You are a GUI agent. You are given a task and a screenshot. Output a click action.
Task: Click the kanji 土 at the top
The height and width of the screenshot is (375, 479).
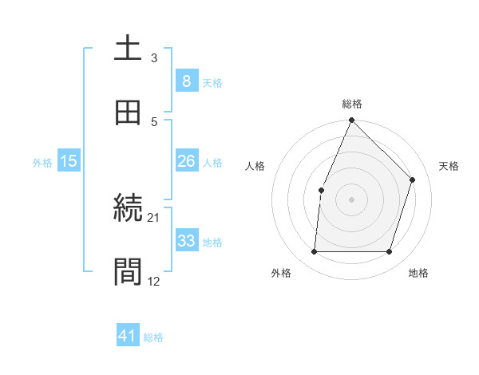tap(129, 49)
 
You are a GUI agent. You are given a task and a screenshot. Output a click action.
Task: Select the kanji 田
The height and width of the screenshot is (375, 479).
tap(129, 112)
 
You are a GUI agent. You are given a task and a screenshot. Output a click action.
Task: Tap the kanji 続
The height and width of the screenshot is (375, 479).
tap(129, 208)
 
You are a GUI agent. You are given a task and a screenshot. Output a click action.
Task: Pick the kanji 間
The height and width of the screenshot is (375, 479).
tap(129, 272)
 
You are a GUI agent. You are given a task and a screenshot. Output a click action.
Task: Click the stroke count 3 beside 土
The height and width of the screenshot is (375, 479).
tap(154, 58)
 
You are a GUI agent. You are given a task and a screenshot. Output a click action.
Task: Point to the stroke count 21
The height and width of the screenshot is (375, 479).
tap(154, 217)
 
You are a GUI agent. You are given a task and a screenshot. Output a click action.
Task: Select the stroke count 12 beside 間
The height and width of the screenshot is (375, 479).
tap(154, 281)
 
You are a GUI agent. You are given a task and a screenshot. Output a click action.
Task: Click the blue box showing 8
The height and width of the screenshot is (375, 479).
tap(186, 81)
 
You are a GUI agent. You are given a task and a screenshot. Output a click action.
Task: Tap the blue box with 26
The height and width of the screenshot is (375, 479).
tap(186, 161)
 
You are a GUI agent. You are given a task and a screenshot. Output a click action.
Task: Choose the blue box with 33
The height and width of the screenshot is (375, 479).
tap(186, 241)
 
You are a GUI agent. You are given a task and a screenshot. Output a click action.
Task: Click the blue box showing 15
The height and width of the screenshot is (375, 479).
tap(69, 161)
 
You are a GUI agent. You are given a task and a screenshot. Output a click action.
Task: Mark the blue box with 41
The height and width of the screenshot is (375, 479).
tap(129, 336)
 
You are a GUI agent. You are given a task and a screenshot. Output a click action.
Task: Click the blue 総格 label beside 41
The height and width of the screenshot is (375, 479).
tap(153, 337)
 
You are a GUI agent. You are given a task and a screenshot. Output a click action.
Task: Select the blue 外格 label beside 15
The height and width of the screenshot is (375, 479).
tap(42, 163)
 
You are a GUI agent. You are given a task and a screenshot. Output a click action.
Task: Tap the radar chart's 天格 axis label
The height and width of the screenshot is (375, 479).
tap(449, 166)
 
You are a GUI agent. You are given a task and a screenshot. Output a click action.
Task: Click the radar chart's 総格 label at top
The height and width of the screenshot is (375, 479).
tap(352, 104)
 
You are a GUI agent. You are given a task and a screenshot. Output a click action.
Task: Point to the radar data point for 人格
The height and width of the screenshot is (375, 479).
tap(321, 190)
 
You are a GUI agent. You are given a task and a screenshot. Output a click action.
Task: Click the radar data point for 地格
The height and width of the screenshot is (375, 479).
tap(390, 252)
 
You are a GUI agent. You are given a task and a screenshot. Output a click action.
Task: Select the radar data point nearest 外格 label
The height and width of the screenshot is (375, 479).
tap(314, 252)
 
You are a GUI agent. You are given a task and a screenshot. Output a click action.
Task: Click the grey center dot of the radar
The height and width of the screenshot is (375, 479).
tap(351, 199)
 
